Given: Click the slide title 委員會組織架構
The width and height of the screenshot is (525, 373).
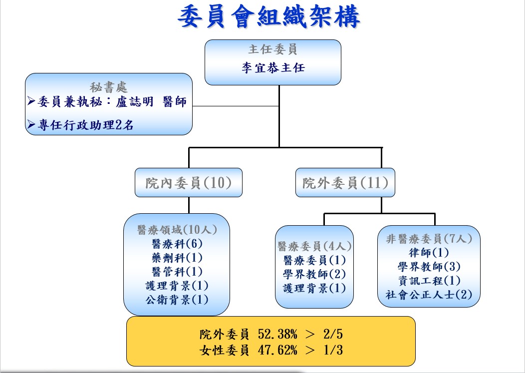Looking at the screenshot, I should click(x=269, y=17).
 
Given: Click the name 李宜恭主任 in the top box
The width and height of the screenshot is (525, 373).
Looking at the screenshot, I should click(x=273, y=67).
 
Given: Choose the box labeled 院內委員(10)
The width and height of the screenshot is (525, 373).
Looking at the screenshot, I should click(x=189, y=183).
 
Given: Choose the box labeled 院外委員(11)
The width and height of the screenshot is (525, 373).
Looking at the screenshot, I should click(x=345, y=183).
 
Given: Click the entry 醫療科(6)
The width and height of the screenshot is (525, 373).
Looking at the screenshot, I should click(x=177, y=244).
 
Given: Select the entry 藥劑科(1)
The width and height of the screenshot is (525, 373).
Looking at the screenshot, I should click(x=177, y=258).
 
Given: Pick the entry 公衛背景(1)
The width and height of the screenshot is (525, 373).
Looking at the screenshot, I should click(x=177, y=300).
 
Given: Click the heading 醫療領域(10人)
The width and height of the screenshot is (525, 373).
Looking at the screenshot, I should click(x=177, y=230).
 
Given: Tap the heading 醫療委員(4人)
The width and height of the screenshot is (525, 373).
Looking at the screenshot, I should click(x=314, y=246).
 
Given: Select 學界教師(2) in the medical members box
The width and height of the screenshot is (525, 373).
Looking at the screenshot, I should click(x=314, y=274).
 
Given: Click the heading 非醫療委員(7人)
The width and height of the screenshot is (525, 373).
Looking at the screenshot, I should click(x=429, y=239).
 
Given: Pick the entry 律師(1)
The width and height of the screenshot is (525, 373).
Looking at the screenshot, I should click(x=429, y=253).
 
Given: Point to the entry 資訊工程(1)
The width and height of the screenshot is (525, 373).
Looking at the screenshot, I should click(x=429, y=281).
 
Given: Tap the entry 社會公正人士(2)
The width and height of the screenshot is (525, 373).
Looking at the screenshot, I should click(x=429, y=295).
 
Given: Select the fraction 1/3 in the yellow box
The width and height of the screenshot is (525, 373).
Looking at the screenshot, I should click(x=333, y=350).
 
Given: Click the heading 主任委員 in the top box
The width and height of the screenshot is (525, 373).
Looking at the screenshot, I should click(x=273, y=50).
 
